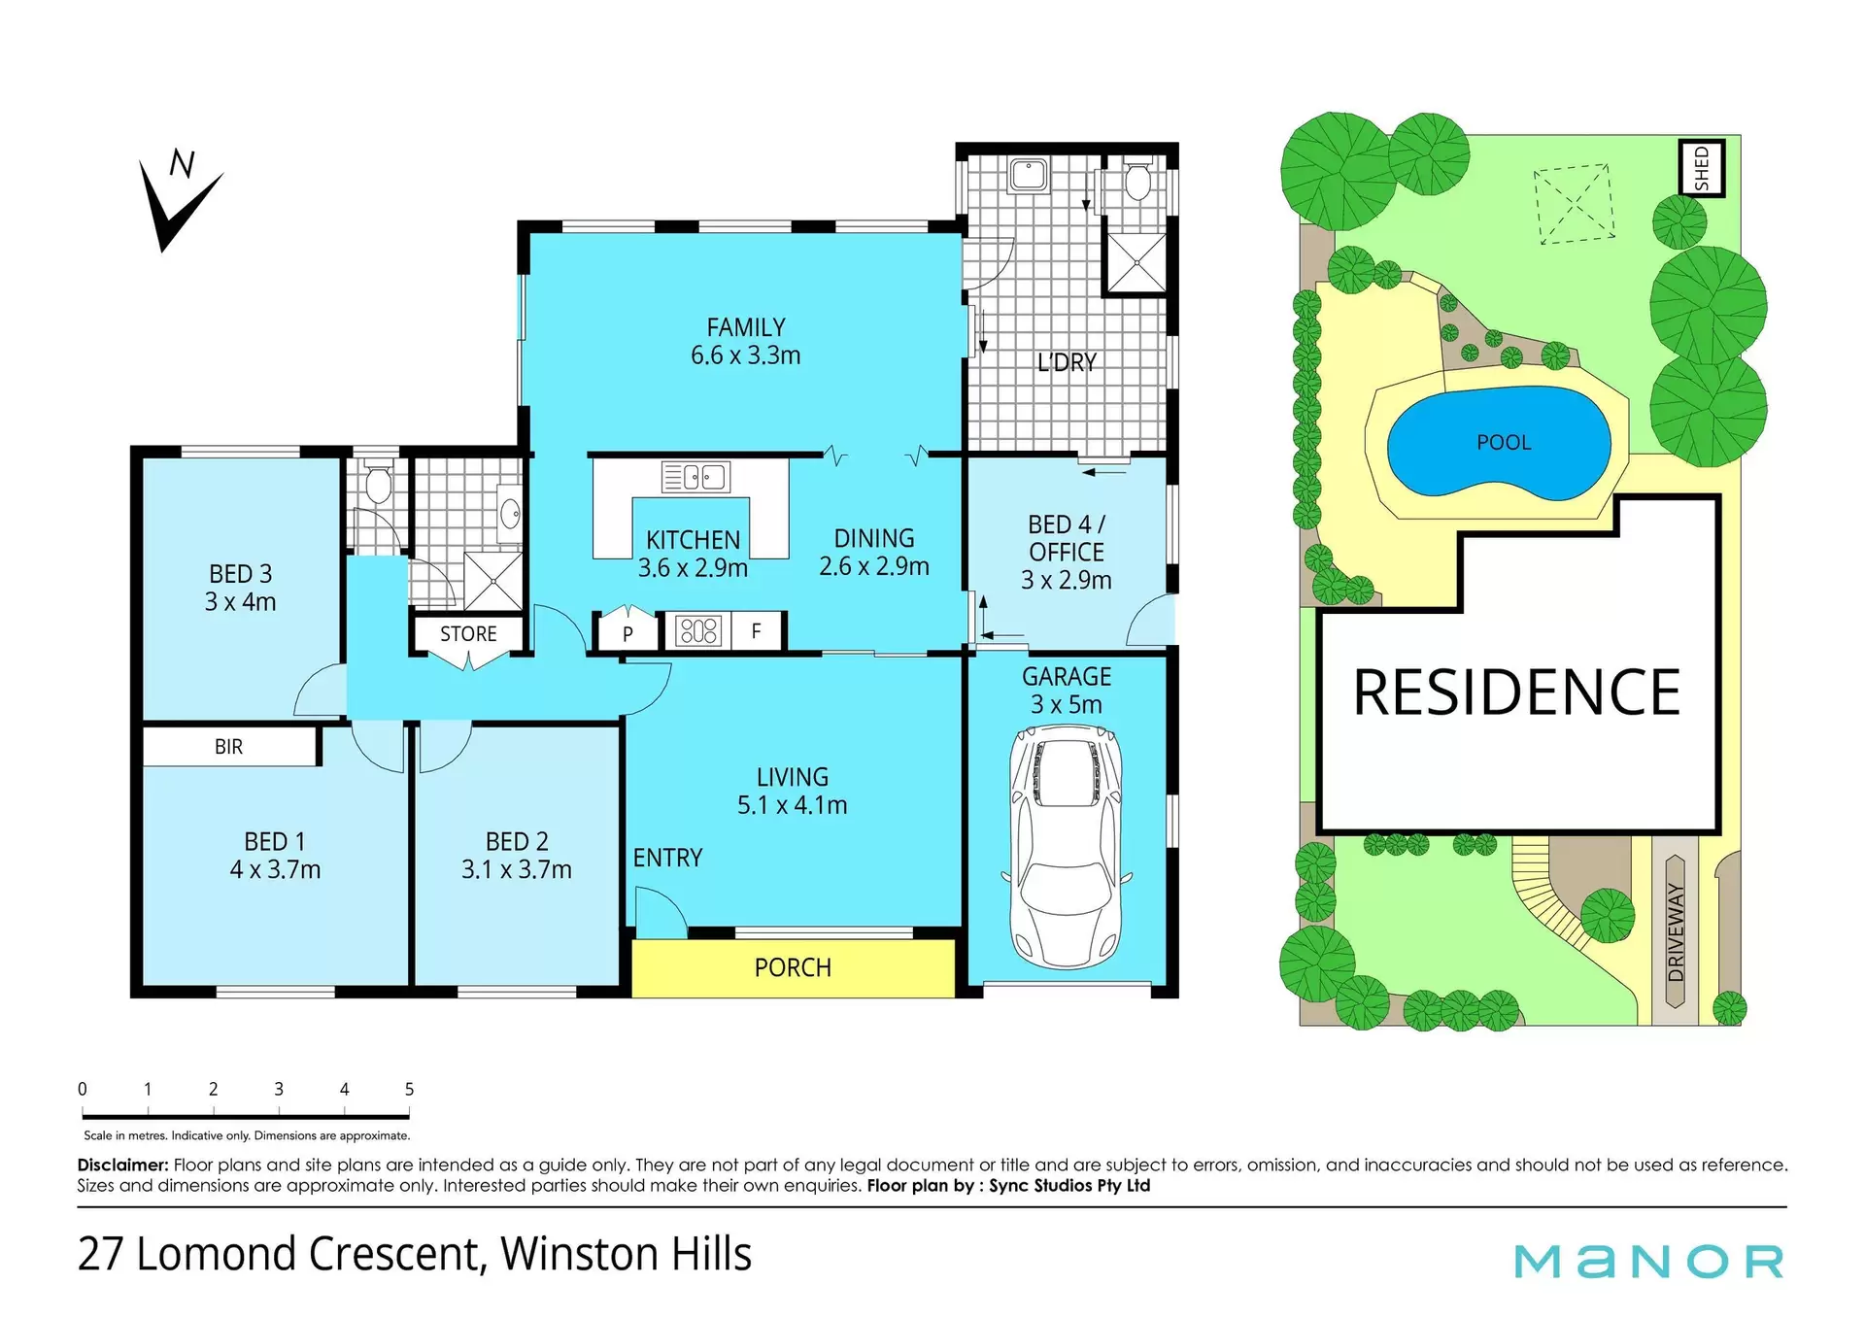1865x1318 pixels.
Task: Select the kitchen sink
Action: pos(695,477)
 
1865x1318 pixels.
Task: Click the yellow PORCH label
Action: pos(793,967)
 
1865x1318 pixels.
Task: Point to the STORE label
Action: pos(468,634)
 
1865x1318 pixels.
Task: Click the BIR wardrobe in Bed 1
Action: pos(230,746)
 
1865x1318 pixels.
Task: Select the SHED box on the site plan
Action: pos(1702,168)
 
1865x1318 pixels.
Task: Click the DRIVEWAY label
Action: pos(1676,932)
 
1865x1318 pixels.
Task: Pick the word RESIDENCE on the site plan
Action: pos(1516,693)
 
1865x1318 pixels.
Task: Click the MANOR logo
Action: pos(1649,1261)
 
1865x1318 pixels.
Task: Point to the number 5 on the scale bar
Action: pos(409,1089)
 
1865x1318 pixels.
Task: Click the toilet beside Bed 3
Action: pos(377,483)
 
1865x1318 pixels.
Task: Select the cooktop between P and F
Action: pos(698,631)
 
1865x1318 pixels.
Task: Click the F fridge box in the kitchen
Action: pos(756,631)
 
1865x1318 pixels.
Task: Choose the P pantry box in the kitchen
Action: pos(627,630)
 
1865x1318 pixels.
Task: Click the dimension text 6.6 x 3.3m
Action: pos(745,355)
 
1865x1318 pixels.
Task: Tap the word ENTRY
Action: pos(667,858)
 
